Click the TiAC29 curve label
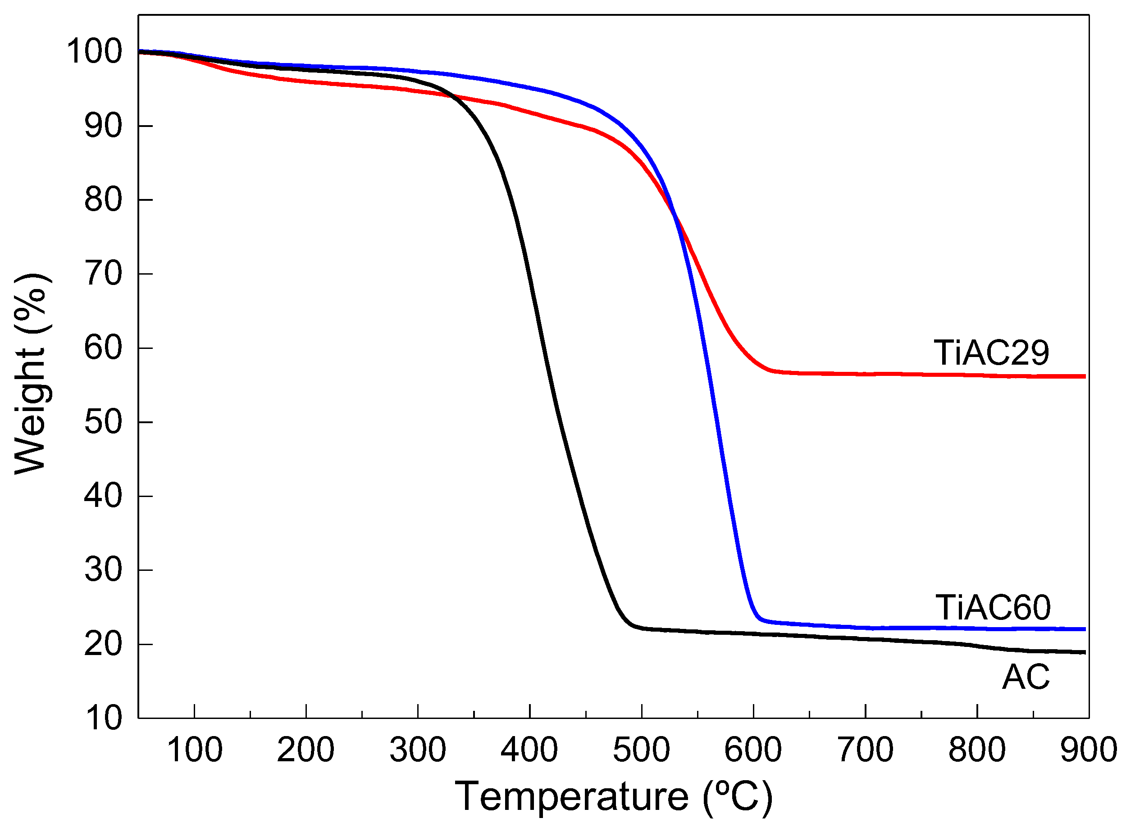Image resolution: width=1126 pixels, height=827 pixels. pos(991,353)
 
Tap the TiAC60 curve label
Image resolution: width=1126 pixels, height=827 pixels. pos(992,608)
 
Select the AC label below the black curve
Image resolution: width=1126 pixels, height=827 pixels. pos(1025,678)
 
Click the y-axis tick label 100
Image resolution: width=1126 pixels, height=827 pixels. pos(94,52)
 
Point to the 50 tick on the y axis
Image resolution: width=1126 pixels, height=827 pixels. pos(103,422)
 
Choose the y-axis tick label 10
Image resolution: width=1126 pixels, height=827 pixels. pos(103,719)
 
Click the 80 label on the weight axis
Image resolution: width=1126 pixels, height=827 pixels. pos(103,200)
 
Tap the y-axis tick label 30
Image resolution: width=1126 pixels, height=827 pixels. pos(103,570)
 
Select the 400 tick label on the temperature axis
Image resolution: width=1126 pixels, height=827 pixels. pos(529,750)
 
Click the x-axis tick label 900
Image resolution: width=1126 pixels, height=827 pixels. pos(1089,750)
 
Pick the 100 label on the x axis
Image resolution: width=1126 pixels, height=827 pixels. pos(194,750)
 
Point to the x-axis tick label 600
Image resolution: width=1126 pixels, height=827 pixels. pos(753,750)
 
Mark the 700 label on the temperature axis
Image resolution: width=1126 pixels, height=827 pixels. pos(865,750)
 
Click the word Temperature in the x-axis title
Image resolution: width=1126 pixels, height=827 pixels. pos(571,797)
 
